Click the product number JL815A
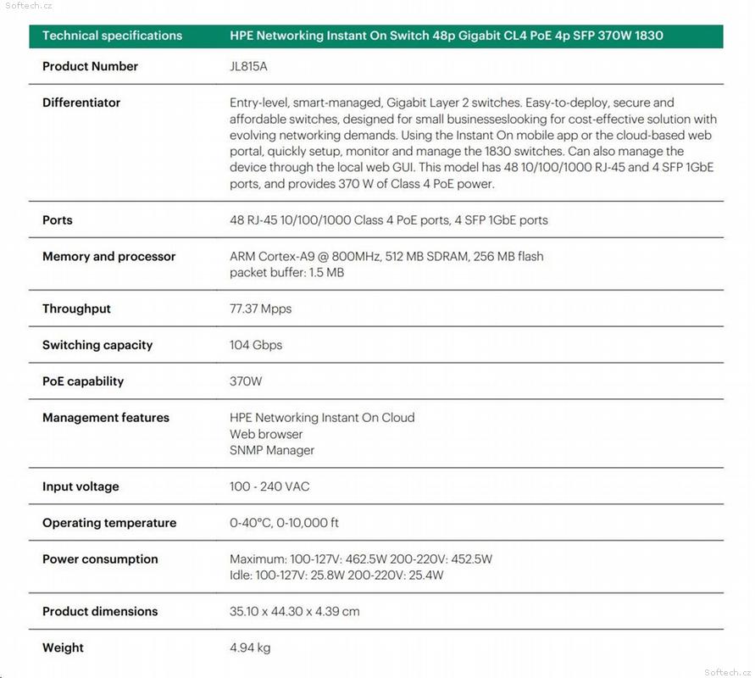pyautogui.click(x=248, y=66)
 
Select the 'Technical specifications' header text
pyautogui.click(x=112, y=36)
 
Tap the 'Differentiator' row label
pyautogui.click(x=81, y=103)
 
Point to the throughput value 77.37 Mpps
pyautogui.click(x=260, y=308)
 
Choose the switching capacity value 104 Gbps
pyautogui.click(x=256, y=345)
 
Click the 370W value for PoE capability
pyautogui.click(x=246, y=381)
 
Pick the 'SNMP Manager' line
pyautogui.click(x=272, y=450)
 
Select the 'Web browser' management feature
pyautogui.click(x=266, y=434)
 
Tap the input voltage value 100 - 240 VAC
pyautogui.click(x=269, y=486)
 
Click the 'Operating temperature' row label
pyautogui.click(x=109, y=523)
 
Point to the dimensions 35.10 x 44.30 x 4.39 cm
pyautogui.click(x=294, y=611)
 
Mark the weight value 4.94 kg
pyautogui.click(x=250, y=647)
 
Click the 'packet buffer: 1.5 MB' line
pyautogui.click(x=286, y=273)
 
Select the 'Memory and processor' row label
pyautogui.click(x=108, y=256)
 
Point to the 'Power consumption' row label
pyautogui.click(x=100, y=559)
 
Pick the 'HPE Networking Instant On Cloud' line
pyautogui.click(x=322, y=417)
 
